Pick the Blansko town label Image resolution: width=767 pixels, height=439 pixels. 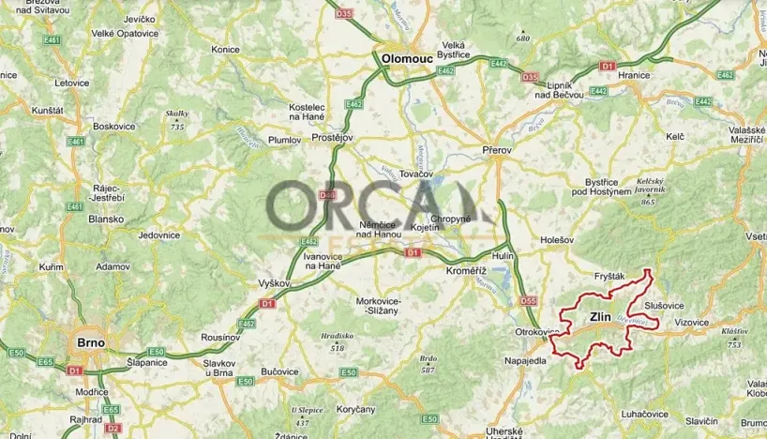[x=106, y=219]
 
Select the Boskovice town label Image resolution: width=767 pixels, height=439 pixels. [x=114, y=126]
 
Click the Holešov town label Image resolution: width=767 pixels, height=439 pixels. [x=557, y=241]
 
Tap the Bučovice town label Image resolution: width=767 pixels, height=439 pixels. [x=278, y=371]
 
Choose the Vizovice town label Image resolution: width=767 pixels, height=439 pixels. [x=691, y=321]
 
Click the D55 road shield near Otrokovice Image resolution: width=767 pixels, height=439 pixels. [x=529, y=301]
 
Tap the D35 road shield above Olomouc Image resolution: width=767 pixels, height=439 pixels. [x=343, y=14]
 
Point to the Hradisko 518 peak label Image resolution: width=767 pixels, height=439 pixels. [x=337, y=341]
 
